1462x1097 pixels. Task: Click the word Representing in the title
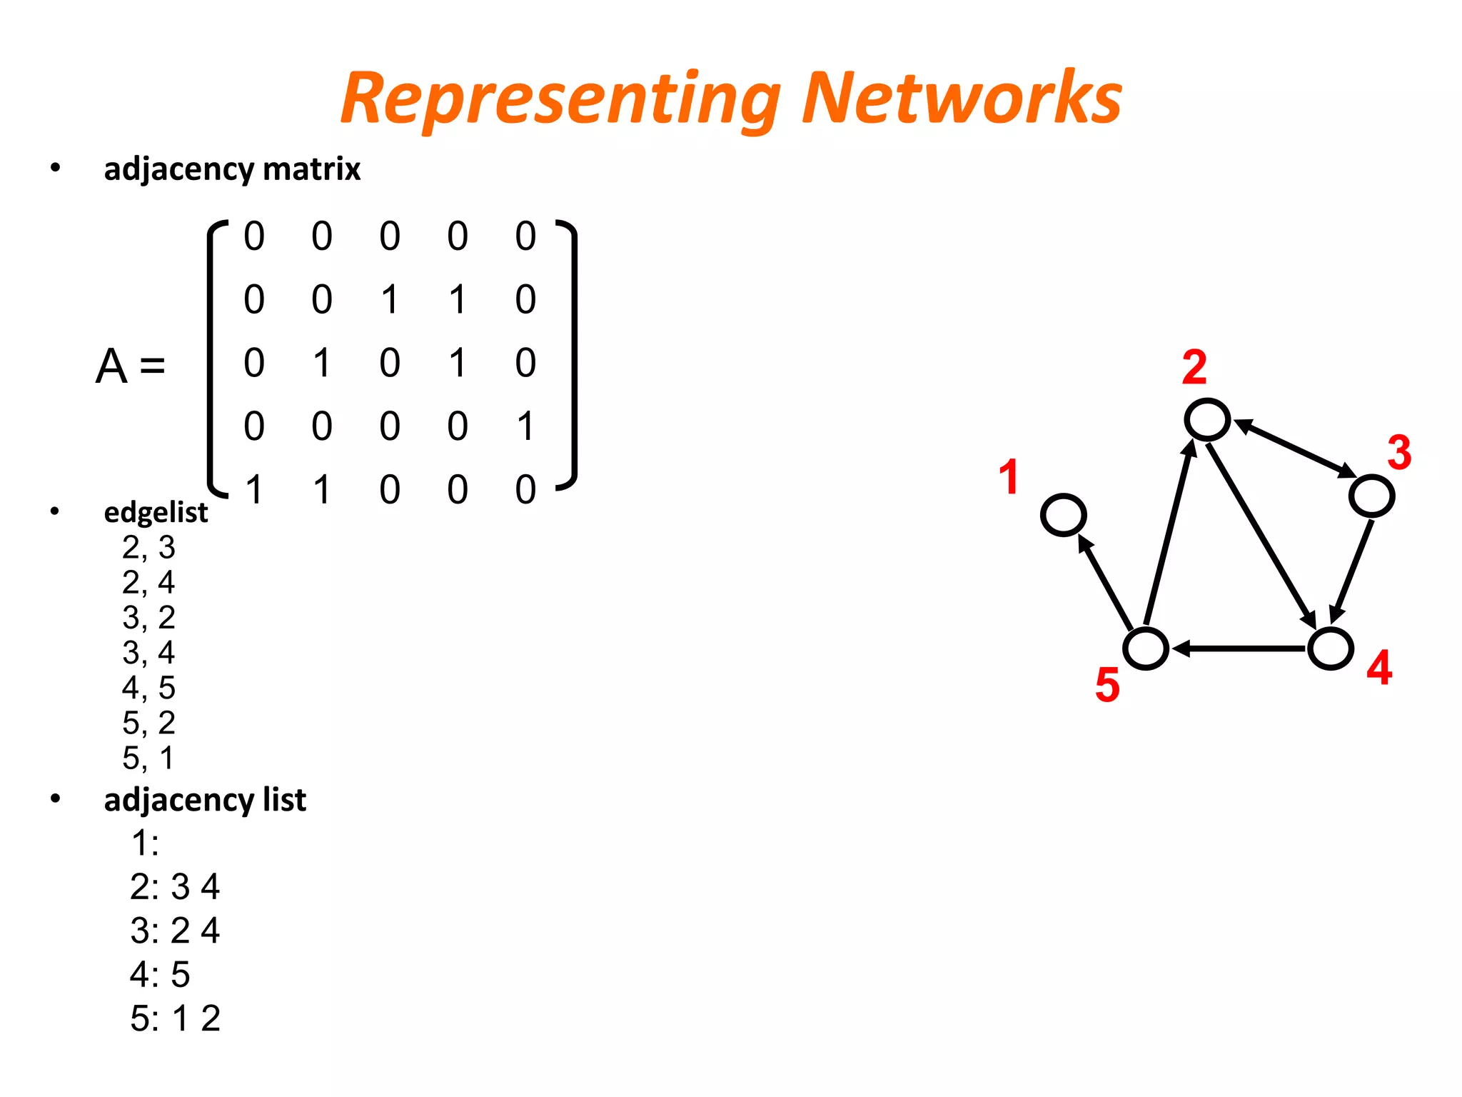[x=560, y=100]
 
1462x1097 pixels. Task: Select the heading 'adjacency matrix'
[x=232, y=169]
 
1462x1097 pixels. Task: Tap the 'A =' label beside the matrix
[x=131, y=366]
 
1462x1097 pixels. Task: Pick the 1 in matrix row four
[x=525, y=426]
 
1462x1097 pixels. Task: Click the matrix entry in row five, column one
[x=254, y=490]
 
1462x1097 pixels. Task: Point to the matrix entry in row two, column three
[x=389, y=299]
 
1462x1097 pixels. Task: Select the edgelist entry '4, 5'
[x=148, y=688]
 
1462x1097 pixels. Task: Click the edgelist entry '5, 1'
[x=148, y=758]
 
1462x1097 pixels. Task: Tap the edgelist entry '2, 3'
[x=148, y=548]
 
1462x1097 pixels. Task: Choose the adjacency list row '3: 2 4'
[x=175, y=931]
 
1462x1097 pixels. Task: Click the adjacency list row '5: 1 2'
[x=175, y=1018]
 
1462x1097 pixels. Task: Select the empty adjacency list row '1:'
[x=145, y=843]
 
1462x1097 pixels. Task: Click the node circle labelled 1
[x=1063, y=515]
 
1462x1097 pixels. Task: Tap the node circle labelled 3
[x=1371, y=496]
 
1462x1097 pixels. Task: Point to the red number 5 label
[x=1107, y=686]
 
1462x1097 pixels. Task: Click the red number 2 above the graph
[x=1194, y=368]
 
